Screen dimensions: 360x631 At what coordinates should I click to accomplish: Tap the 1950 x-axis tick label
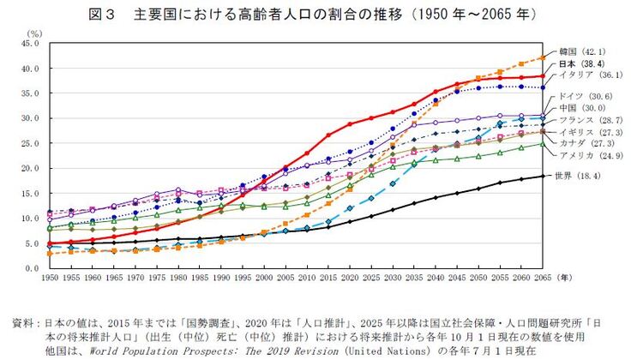coord(51,280)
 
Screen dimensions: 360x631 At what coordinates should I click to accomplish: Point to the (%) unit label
coord(34,33)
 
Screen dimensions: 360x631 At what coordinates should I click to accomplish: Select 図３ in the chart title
coord(105,15)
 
